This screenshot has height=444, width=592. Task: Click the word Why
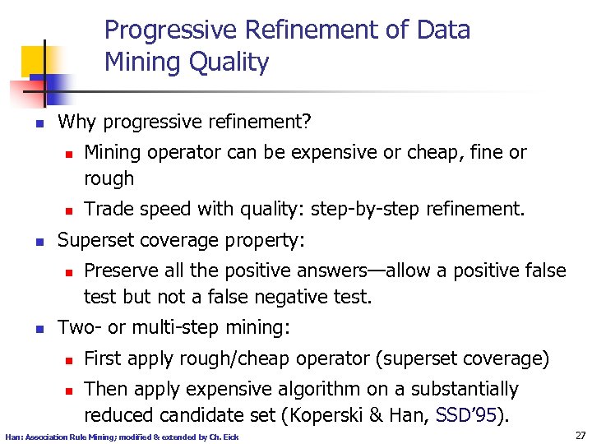tap(76, 123)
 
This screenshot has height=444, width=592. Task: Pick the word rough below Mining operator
tap(109, 178)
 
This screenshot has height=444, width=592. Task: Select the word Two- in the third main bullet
tap(79, 328)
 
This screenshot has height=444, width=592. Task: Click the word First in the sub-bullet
tap(103, 358)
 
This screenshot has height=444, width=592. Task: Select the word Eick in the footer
tap(231, 437)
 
